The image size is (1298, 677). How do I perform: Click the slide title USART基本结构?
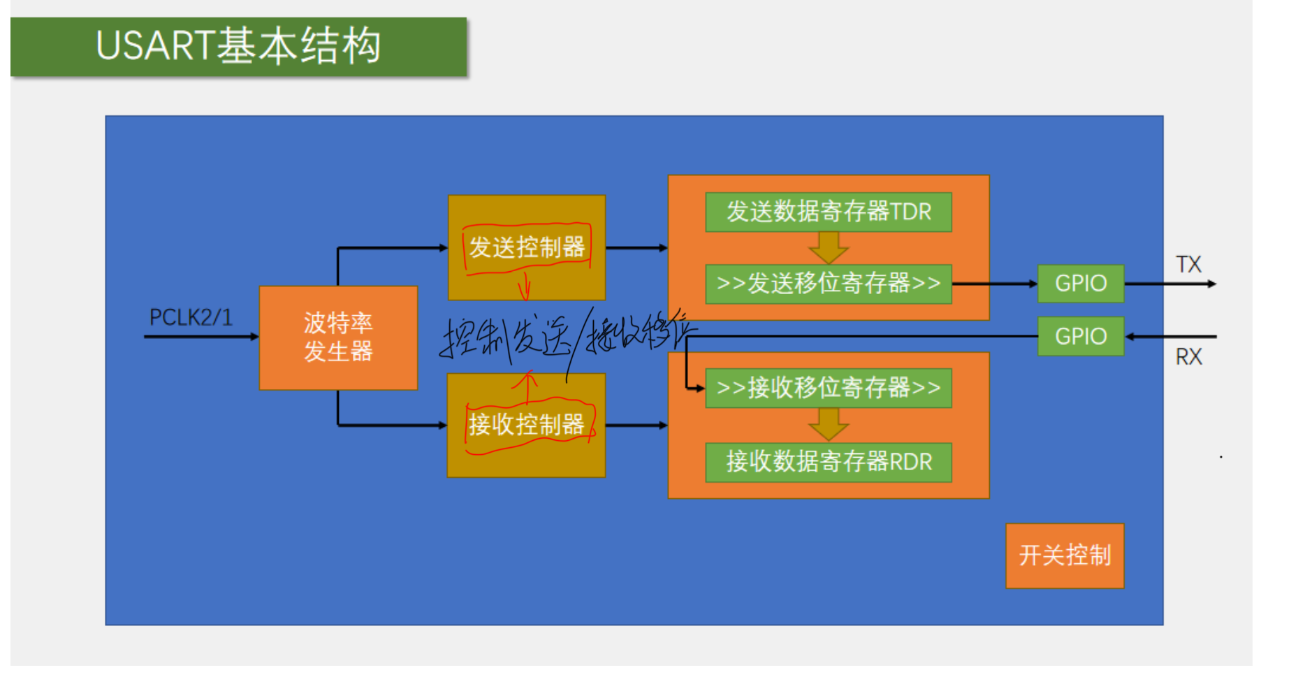coord(238,46)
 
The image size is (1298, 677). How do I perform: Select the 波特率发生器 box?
coord(338,337)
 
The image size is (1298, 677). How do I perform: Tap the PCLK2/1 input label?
coord(191,317)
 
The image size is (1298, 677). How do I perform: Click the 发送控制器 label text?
coord(527,247)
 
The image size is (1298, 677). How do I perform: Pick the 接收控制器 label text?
coord(527,424)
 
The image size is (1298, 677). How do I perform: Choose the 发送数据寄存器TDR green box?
coord(829,212)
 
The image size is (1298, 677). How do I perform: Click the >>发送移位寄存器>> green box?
coord(829,284)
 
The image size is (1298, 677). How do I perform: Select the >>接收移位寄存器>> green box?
coord(829,388)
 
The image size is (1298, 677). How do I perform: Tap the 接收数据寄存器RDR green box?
coord(829,462)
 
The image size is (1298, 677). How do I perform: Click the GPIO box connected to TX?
coord(1081,284)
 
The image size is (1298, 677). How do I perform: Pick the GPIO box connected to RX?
coord(1081,336)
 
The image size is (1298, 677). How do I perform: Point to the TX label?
coord(1188,265)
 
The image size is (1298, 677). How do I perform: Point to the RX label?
coord(1188,357)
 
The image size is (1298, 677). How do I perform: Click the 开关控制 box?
coord(1065,555)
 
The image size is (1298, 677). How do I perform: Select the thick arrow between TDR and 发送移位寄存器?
coord(829,247)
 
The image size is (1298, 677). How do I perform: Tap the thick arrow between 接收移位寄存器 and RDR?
coord(829,424)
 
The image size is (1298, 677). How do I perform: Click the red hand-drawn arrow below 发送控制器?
coord(525,286)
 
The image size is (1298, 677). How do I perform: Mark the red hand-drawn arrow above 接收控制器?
coord(526,386)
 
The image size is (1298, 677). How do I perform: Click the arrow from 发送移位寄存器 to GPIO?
coord(995,284)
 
